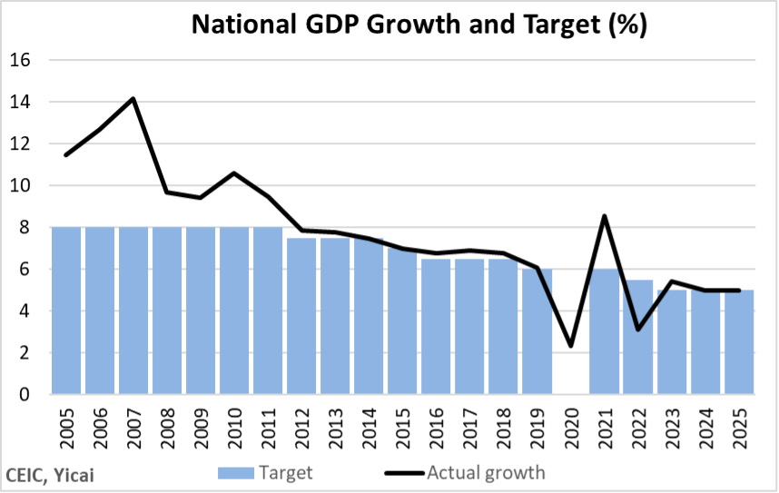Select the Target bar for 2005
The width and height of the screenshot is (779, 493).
coord(66,311)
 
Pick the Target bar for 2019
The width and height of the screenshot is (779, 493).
coord(537,331)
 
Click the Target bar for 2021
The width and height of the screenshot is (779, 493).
coord(604,331)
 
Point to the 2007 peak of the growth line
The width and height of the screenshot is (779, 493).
coord(133,98)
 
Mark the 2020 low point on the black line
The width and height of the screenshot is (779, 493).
coord(570,346)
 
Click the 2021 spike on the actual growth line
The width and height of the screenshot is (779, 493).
coord(604,216)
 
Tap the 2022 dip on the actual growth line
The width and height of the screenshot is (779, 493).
coord(637,329)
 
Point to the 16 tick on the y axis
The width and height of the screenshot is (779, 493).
coord(21,60)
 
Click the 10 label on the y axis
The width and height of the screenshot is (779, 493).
coord(21,185)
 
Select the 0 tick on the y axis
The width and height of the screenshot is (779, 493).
coord(25,394)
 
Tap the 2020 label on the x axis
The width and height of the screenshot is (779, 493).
coord(571,428)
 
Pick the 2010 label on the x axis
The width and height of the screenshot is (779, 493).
coord(235,428)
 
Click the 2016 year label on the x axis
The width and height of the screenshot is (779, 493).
coord(437,428)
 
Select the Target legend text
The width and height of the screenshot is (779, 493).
coord(285,472)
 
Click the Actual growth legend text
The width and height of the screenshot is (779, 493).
coord(486,472)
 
